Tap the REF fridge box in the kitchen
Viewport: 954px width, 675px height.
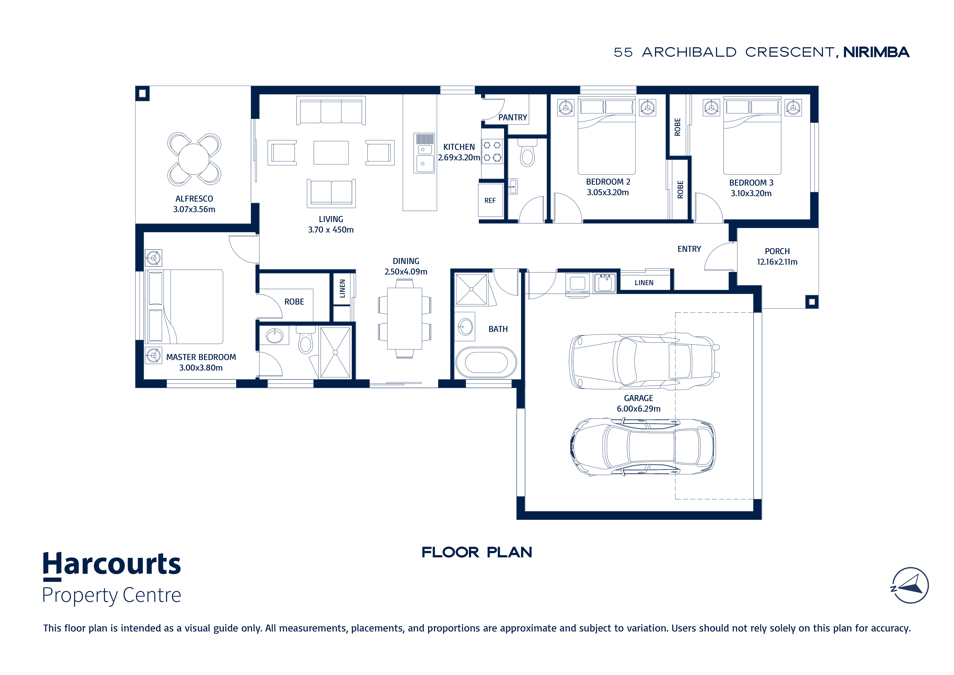490,200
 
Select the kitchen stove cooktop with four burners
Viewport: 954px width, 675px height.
492,151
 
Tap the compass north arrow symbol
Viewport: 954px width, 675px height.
910,585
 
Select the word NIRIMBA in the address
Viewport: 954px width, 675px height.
876,52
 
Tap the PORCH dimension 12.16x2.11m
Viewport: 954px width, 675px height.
777,262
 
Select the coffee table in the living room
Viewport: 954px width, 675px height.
331,152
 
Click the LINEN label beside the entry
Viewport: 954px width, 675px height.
644,283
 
